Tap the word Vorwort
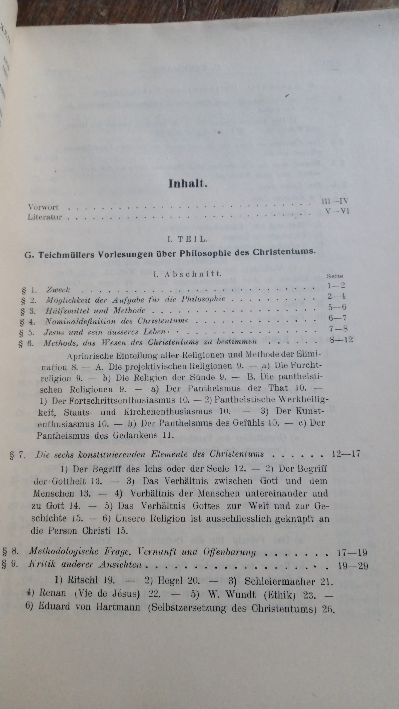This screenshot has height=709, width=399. tap(43, 207)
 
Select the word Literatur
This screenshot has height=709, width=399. tap(45, 217)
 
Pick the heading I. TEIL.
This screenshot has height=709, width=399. tap(187, 239)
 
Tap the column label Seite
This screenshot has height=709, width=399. tap(335, 276)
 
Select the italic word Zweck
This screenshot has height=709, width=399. tap(58, 290)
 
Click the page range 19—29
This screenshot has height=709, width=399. tap(353, 566)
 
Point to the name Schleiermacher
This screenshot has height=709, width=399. tap(279, 581)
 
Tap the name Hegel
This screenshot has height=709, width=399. tap(170, 580)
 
